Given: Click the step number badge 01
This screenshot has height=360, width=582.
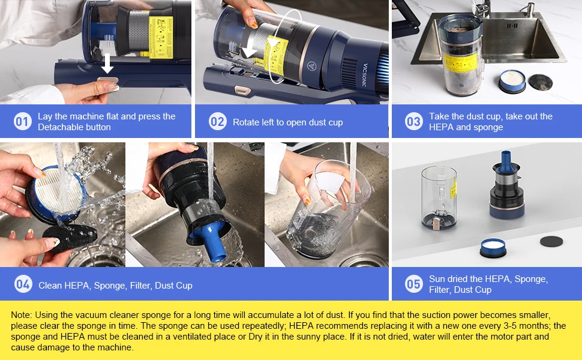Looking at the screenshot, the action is [23, 122].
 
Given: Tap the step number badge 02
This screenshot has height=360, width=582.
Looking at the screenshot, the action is [218, 122].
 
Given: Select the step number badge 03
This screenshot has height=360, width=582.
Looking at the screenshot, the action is [414, 122].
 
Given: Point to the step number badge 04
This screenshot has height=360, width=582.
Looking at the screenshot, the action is [23, 284].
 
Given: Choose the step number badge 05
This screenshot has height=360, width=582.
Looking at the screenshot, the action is [414, 284].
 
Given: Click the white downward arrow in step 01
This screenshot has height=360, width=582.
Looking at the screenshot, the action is [107, 63].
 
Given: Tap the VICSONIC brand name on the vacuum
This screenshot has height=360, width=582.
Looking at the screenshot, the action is [365, 74].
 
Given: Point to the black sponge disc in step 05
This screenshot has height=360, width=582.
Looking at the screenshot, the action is [551, 241].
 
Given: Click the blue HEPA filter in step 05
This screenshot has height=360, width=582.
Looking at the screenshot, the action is [493, 248].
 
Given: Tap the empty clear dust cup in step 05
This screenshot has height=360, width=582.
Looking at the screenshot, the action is [439, 197].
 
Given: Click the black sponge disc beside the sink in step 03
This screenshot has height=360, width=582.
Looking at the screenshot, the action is [540, 82].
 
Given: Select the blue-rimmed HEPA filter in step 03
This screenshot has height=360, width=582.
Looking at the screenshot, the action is [512, 81].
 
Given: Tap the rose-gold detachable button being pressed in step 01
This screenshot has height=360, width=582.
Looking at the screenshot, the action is [107, 80].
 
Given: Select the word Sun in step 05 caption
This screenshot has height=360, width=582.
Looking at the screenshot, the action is [437, 279].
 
